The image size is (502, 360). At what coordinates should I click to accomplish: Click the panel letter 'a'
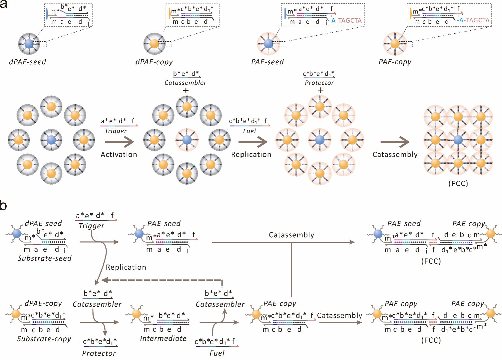point(4,4)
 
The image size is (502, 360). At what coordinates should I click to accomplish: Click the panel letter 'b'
point(4,206)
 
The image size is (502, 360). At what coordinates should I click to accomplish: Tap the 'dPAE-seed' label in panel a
point(27,62)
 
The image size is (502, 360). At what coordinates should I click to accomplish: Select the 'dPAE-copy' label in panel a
point(154,62)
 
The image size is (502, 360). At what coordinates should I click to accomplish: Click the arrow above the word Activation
point(119,142)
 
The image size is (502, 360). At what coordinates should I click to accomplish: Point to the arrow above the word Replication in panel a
point(253,142)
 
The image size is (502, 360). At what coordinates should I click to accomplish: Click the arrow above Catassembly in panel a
point(395,142)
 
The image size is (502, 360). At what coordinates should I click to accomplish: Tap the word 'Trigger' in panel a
point(116,131)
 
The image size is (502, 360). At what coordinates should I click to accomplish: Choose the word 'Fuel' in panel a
point(249,131)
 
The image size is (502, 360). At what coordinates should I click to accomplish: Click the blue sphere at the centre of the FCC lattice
point(458,140)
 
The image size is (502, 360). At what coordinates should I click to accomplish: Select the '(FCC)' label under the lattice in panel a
point(458,183)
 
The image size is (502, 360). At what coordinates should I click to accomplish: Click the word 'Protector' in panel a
point(319,83)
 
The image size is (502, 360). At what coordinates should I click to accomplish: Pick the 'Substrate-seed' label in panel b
point(44,258)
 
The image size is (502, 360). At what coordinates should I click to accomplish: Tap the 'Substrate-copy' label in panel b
point(44,338)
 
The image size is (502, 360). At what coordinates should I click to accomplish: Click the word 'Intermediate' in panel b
point(163,338)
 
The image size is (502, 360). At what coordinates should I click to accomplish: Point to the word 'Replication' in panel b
point(126,267)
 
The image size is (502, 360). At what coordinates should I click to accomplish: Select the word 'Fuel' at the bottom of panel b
point(217,353)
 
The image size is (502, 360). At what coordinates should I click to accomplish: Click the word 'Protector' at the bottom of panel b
point(99,353)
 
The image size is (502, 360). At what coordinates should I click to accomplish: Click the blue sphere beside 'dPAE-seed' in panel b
point(17,234)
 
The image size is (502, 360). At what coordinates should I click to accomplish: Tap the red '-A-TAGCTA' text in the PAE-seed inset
point(345,20)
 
